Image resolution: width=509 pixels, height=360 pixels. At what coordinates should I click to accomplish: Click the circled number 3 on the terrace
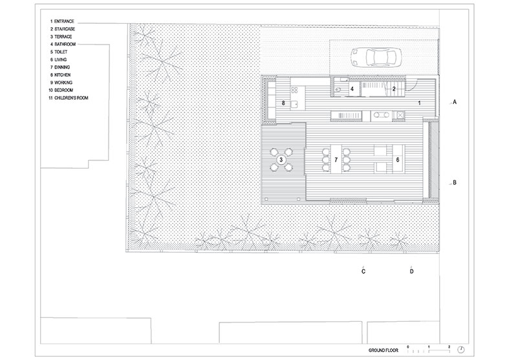(281, 158)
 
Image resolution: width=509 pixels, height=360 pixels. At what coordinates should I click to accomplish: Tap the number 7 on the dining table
(336, 158)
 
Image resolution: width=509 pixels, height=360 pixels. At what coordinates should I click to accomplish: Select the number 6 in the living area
(398, 158)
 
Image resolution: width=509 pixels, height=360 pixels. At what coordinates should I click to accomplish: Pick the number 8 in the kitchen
(283, 103)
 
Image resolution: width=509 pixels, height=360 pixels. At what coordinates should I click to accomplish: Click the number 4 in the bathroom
(352, 88)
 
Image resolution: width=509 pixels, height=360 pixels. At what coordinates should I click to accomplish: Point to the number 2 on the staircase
(393, 88)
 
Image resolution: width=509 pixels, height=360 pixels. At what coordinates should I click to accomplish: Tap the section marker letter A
(455, 103)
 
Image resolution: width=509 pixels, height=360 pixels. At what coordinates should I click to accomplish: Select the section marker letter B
(455, 182)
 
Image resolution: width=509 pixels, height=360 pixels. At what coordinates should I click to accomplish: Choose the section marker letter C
(363, 271)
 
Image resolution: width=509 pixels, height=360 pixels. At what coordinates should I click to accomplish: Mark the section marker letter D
(411, 271)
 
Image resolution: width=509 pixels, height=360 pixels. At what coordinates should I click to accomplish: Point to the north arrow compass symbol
(460, 349)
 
